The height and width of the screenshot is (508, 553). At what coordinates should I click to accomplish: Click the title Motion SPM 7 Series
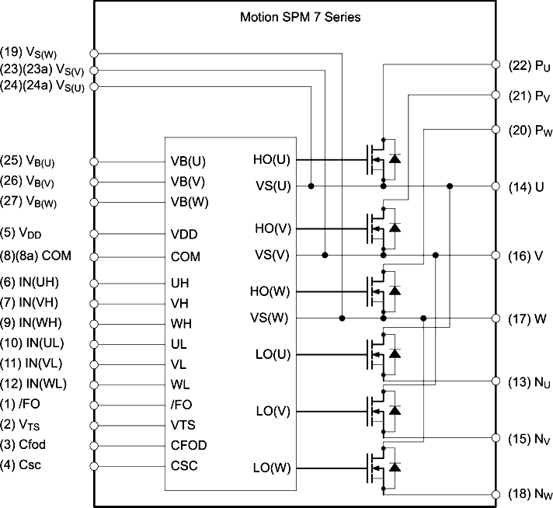pyautogui.click(x=300, y=17)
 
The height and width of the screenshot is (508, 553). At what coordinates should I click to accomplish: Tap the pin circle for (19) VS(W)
pyautogui.click(x=94, y=54)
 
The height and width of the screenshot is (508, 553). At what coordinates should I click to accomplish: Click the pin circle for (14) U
pyautogui.click(x=496, y=186)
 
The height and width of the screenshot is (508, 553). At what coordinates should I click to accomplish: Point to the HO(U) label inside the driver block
pyautogui.click(x=272, y=160)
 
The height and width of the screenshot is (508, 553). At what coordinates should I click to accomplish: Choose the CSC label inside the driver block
pyautogui.click(x=184, y=466)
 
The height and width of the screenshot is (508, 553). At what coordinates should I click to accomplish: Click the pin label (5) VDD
pyautogui.click(x=21, y=233)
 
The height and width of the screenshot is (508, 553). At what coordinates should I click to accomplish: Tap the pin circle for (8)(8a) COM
pyautogui.click(x=94, y=257)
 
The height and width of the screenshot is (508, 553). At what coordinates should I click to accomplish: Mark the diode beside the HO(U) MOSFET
pyautogui.click(x=395, y=158)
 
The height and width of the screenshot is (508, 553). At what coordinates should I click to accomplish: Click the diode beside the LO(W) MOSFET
pyautogui.click(x=395, y=467)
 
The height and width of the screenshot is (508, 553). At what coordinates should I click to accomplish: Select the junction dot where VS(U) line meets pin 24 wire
pyautogui.click(x=311, y=186)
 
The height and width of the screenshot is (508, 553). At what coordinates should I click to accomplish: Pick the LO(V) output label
pyautogui.click(x=273, y=412)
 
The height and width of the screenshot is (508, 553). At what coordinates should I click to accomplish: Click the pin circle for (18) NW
pyautogui.click(x=496, y=495)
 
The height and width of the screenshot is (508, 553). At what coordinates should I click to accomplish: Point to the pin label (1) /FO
pyautogui.click(x=20, y=404)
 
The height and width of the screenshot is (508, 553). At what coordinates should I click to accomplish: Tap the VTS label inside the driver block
pyautogui.click(x=183, y=425)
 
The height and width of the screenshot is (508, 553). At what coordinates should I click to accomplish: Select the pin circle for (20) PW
pyautogui.click(x=496, y=130)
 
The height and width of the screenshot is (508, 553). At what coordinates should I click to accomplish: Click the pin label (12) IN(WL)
pyautogui.click(x=33, y=384)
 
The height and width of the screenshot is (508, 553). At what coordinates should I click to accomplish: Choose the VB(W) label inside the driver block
pyautogui.click(x=190, y=202)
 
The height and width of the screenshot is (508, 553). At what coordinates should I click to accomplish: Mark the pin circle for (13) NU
pyautogui.click(x=496, y=381)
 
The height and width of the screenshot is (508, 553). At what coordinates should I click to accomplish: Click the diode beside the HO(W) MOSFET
pyautogui.click(x=395, y=291)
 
